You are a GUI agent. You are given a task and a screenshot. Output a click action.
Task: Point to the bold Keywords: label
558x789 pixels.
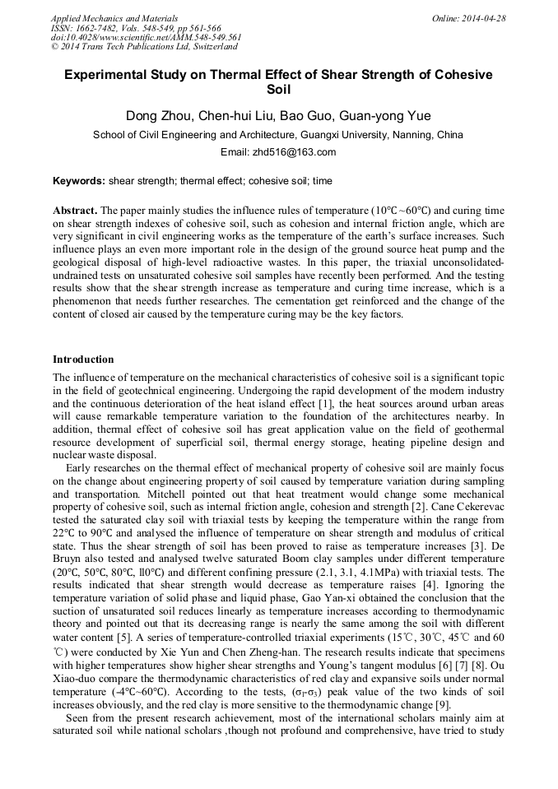(x=79, y=181)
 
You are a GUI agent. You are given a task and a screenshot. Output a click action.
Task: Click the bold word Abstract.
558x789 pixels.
(x=76, y=211)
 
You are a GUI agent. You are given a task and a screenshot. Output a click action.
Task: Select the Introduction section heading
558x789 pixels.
(x=83, y=360)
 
